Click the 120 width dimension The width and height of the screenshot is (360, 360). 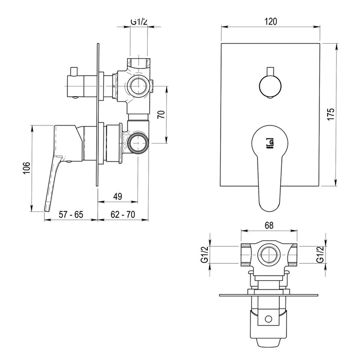tap(271, 22)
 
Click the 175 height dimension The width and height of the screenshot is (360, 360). tap(331, 114)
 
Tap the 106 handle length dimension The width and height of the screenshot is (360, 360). tap(27, 168)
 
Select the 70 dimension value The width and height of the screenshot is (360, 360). tap(161, 114)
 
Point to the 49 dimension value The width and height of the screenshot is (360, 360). tap(118, 196)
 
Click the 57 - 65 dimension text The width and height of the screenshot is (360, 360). tap(71, 214)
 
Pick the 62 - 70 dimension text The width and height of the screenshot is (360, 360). tap(123, 214)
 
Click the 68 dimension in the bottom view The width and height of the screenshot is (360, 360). tap(269, 225)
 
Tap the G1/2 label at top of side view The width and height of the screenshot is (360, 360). tap(139, 22)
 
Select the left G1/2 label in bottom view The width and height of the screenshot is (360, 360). tap(204, 255)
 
